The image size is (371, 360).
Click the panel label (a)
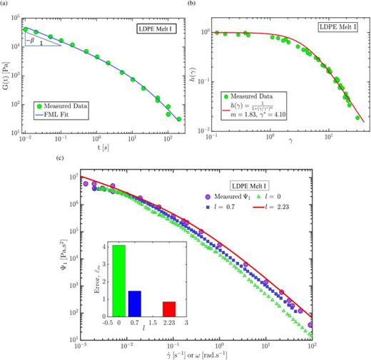tap(6, 4)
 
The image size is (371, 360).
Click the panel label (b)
tap(190, 4)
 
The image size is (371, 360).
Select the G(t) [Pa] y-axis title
tap(6, 75)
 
